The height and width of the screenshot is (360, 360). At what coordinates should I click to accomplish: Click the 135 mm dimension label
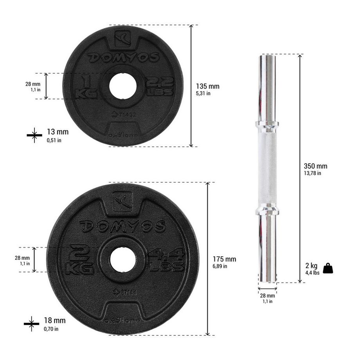[207, 86]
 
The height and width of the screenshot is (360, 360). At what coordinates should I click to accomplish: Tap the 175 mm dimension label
[224, 259]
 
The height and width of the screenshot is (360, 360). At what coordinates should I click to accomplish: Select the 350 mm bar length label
[315, 166]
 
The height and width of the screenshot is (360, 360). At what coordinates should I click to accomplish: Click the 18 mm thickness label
[55, 321]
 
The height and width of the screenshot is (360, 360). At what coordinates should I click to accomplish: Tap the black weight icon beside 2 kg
[328, 268]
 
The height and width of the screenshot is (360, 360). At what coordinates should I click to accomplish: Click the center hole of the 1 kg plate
[123, 85]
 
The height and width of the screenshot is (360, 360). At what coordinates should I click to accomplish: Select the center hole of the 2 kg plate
[123, 259]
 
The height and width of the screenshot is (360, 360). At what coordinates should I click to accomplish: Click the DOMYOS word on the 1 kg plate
[122, 57]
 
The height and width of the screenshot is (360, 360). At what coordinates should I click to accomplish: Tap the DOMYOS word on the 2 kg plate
[123, 226]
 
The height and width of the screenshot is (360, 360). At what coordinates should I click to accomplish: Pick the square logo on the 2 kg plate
[122, 201]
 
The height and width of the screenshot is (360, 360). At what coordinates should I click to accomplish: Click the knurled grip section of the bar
[267, 168]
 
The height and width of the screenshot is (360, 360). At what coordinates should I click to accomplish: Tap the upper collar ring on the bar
[267, 124]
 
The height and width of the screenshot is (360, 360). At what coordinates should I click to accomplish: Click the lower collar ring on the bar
[267, 211]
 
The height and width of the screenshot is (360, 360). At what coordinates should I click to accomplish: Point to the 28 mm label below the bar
[267, 298]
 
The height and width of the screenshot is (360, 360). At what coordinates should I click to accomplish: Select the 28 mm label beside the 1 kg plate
[33, 86]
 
